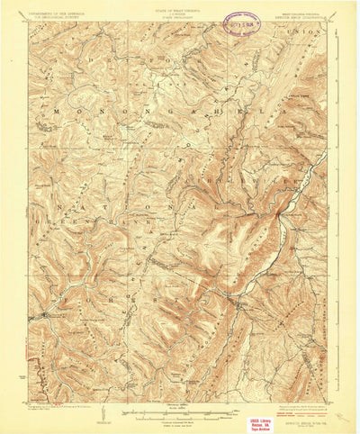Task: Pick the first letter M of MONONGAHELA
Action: click(57, 111)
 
